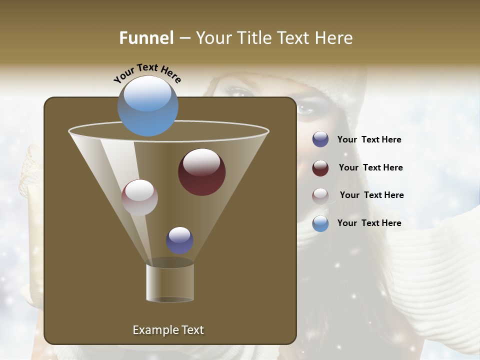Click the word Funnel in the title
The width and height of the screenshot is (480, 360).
[x=146, y=37]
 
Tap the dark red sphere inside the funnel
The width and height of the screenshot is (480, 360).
[x=201, y=172]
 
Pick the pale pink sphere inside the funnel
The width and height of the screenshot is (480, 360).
[x=139, y=197]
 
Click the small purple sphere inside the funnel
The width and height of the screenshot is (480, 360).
[x=179, y=240]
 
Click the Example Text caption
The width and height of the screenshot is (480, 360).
[x=168, y=330]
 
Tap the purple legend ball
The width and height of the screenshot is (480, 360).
[x=320, y=139]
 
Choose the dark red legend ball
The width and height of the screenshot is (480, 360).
[x=320, y=168]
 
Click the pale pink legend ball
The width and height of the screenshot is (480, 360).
[x=320, y=195]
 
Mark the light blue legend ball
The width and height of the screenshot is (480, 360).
[x=320, y=223]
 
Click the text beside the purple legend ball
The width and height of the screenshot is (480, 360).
[x=369, y=139]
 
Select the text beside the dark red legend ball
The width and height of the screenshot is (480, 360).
[x=370, y=167]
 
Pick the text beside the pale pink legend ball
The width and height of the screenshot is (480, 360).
[x=371, y=195]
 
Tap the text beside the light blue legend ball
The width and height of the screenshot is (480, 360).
[x=369, y=223]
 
